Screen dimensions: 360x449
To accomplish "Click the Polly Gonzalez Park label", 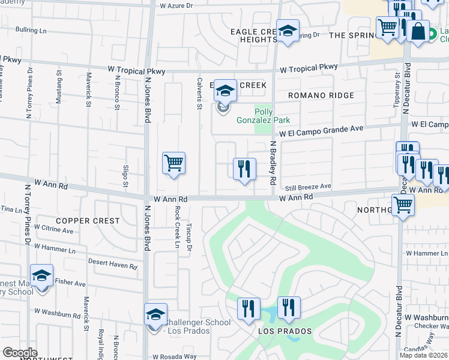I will tap(272, 116).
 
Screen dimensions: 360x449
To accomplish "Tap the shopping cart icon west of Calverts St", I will tap(173, 163).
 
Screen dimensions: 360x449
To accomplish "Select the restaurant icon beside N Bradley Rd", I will tap(244, 169).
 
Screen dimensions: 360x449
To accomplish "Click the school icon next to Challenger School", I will tap(155, 315).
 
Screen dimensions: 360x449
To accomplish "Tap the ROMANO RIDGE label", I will tap(321, 95).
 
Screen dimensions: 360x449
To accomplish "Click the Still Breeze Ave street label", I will tap(308, 187).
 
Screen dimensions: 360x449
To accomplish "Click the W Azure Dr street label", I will tap(177, 5).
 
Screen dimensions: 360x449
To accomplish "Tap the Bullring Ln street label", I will tap(31, 29).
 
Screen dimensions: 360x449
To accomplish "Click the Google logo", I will tap(20, 352).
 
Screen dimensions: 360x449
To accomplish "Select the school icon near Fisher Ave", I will tap(42, 277).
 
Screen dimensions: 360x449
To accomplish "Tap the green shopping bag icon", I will tap(418, 31).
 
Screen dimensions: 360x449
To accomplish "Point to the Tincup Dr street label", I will tap(188, 238).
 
